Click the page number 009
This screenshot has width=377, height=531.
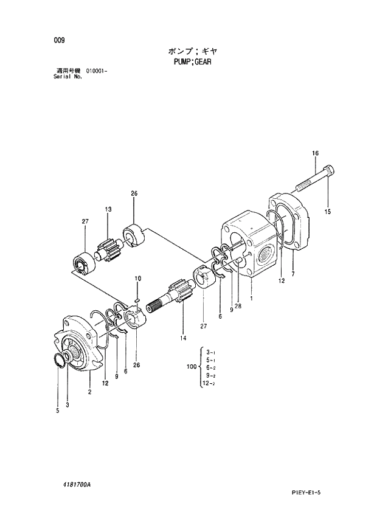[x=58, y=41]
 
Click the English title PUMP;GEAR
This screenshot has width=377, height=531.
[x=189, y=61]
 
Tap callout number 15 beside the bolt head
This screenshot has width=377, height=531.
[x=328, y=212]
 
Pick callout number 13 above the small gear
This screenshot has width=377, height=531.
[x=108, y=209]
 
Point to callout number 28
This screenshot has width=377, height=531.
[x=238, y=306]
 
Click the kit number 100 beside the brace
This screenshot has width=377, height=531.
[x=192, y=367]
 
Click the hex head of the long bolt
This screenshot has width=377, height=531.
[x=328, y=170]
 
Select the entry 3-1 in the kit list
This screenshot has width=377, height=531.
[x=209, y=352]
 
